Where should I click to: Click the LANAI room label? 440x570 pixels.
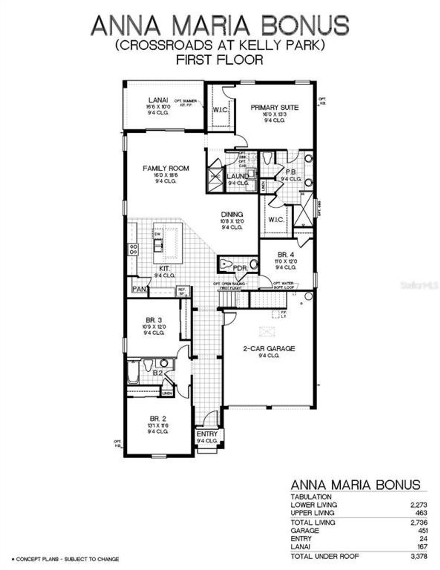click(158, 100)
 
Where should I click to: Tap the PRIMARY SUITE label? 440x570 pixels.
click(274, 108)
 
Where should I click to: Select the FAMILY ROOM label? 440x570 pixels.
click(166, 168)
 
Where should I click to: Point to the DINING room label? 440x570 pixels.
click(232, 215)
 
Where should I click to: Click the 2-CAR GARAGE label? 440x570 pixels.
click(269, 348)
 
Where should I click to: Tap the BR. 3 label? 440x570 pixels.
click(154, 320)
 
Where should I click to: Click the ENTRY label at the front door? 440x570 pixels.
click(207, 434)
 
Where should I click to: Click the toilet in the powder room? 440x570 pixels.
click(226, 264)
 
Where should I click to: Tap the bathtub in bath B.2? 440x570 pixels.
click(133, 372)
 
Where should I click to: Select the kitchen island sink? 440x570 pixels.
click(158, 245)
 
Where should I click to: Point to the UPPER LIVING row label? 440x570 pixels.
click(312, 513)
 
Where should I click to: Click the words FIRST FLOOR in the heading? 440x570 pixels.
click(220, 60)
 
